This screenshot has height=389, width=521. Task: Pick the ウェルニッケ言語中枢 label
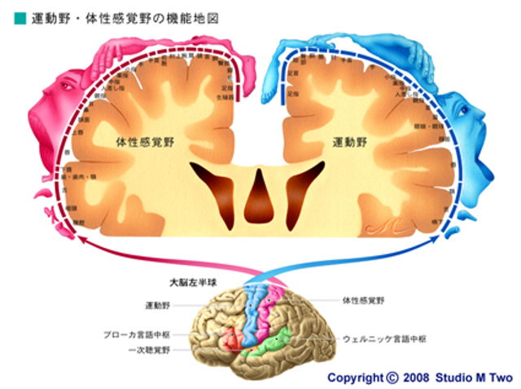pos(384,338)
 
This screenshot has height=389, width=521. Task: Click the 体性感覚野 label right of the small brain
pos(364,300)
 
